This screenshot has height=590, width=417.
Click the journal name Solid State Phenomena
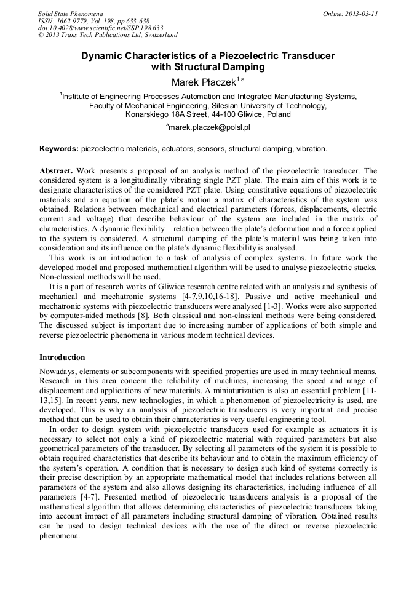[x=70, y=13]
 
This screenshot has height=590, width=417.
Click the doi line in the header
[x=101, y=28]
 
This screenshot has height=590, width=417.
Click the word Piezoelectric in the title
[x=233, y=56]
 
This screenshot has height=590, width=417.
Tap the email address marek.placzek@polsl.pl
[x=210, y=127]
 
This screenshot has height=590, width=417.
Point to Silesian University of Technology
[x=256, y=105]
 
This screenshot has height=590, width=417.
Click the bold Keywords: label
[x=59, y=149]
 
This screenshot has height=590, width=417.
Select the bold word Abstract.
[x=57, y=170]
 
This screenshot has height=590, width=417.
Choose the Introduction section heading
[x=62, y=357]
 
